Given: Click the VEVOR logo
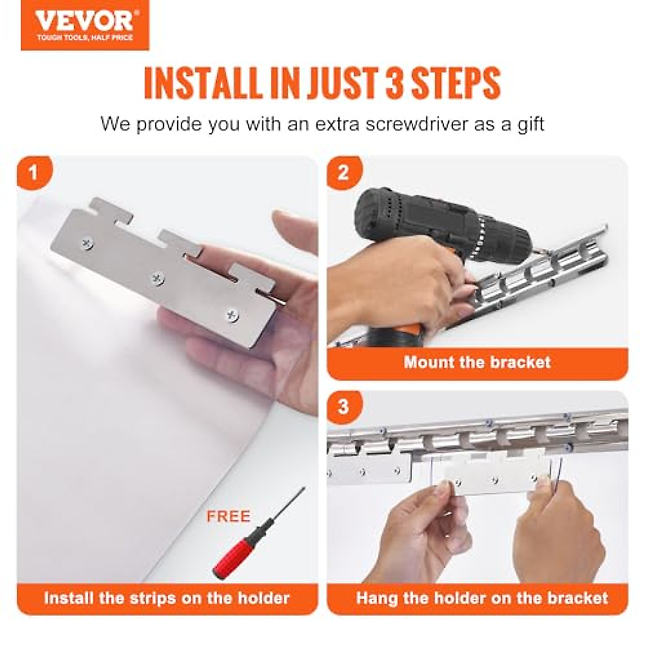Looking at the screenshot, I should [x=84, y=21].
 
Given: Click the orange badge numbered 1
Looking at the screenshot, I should [x=34, y=173].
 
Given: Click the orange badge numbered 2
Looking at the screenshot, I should [x=343, y=173].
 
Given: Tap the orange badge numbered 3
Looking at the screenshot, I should [x=343, y=406].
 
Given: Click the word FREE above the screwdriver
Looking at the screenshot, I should [x=228, y=517].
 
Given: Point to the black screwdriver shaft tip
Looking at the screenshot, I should [x=302, y=490].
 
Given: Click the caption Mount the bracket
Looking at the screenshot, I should [x=477, y=362].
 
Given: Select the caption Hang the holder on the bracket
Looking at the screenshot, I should [x=482, y=598].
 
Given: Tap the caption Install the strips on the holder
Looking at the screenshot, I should [x=167, y=598].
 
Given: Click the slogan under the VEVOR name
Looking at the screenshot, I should [x=84, y=38].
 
